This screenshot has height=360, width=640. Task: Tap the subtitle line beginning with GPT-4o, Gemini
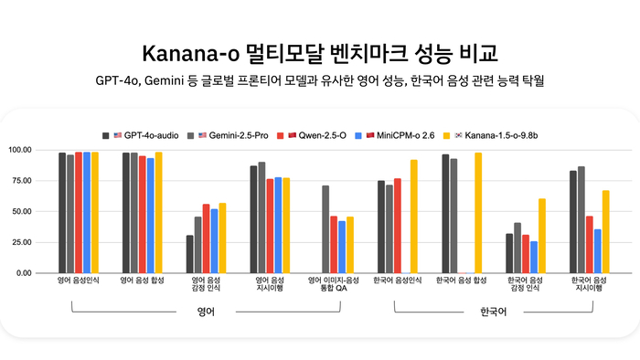click(x=320, y=80)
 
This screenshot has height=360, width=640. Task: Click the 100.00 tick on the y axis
click(x=46, y=150)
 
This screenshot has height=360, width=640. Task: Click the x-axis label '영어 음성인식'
click(x=78, y=281)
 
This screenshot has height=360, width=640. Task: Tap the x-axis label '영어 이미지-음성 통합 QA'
click(x=333, y=285)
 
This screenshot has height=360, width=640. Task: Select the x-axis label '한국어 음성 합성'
click(x=461, y=281)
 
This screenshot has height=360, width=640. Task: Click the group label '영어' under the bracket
click(x=206, y=312)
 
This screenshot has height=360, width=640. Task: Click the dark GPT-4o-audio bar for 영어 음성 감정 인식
click(x=189, y=254)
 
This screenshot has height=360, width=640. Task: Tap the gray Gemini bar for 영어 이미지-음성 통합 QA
click(x=325, y=229)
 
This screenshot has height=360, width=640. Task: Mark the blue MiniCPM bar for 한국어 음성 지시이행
click(x=597, y=251)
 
